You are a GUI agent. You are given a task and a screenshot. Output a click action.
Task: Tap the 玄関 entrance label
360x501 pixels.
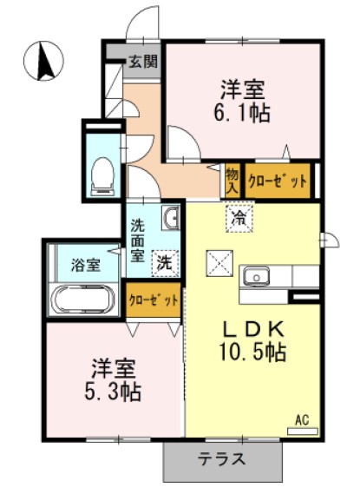tap(143, 62)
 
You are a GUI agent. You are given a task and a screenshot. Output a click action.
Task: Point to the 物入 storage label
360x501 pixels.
tap(232, 181)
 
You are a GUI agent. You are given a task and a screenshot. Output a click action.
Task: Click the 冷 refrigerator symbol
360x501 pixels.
tap(237, 218)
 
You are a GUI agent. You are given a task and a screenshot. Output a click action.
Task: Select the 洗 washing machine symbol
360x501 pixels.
tap(162, 260)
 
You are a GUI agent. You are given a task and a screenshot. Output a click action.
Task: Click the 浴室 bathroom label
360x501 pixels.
tap(83, 262)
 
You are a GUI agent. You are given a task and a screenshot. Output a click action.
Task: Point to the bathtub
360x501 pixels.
tap(84, 300)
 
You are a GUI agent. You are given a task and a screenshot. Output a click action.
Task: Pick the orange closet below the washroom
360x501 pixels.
tap(154, 300)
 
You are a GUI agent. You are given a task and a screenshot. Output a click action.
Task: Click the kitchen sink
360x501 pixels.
tap(258, 277)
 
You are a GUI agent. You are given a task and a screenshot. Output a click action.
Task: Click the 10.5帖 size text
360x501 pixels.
tap(252, 353)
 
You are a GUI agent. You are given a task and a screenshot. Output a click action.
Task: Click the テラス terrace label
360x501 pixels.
tap(220, 459)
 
